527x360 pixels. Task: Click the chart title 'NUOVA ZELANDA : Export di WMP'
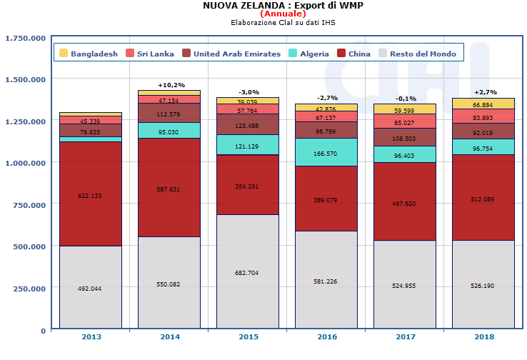click(x=263, y=6)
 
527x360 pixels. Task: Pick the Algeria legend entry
click(x=308, y=53)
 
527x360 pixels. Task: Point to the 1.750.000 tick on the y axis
click(x=25, y=38)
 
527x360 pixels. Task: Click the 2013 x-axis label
click(x=90, y=337)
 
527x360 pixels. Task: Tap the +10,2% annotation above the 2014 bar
click(x=169, y=84)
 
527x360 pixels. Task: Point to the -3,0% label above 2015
click(x=248, y=92)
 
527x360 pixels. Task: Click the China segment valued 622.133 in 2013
click(x=90, y=195)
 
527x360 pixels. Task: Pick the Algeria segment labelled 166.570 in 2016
click(x=326, y=153)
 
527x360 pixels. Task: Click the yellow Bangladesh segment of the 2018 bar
click(x=483, y=104)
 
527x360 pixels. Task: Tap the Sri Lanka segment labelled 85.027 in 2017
click(x=405, y=122)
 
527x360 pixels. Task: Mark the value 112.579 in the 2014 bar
click(x=169, y=114)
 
